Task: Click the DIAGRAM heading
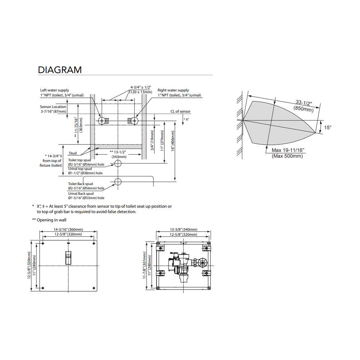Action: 60,70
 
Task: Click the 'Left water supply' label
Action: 55,90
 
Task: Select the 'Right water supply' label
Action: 173,90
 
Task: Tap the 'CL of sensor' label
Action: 180,111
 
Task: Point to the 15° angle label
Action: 328,127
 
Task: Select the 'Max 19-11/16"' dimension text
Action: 288,150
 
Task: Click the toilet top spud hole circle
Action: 118,163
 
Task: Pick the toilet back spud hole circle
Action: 118,182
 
